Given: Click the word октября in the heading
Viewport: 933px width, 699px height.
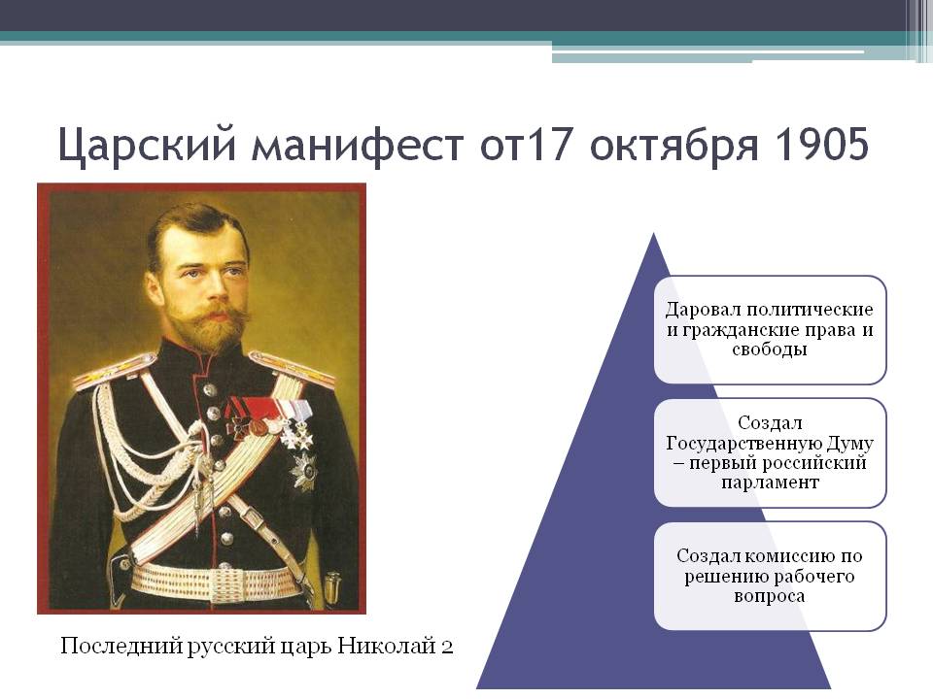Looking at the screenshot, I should click(x=644, y=147).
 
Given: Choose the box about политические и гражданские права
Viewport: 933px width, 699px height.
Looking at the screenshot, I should click(x=770, y=329).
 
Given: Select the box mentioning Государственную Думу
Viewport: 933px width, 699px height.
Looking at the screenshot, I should click(x=770, y=452).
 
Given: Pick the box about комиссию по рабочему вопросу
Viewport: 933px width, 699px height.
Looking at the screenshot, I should click(x=770, y=576).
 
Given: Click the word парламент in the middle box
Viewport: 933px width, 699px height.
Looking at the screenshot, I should click(x=770, y=482).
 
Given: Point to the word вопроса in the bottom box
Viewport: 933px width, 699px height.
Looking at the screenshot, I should click(x=770, y=596).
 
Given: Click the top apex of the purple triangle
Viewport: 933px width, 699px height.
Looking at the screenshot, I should click(x=654, y=235).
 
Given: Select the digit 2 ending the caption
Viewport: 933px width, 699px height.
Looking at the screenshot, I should click(x=446, y=647).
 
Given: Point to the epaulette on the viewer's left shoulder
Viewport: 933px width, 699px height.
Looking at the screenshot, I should click(x=114, y=371).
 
